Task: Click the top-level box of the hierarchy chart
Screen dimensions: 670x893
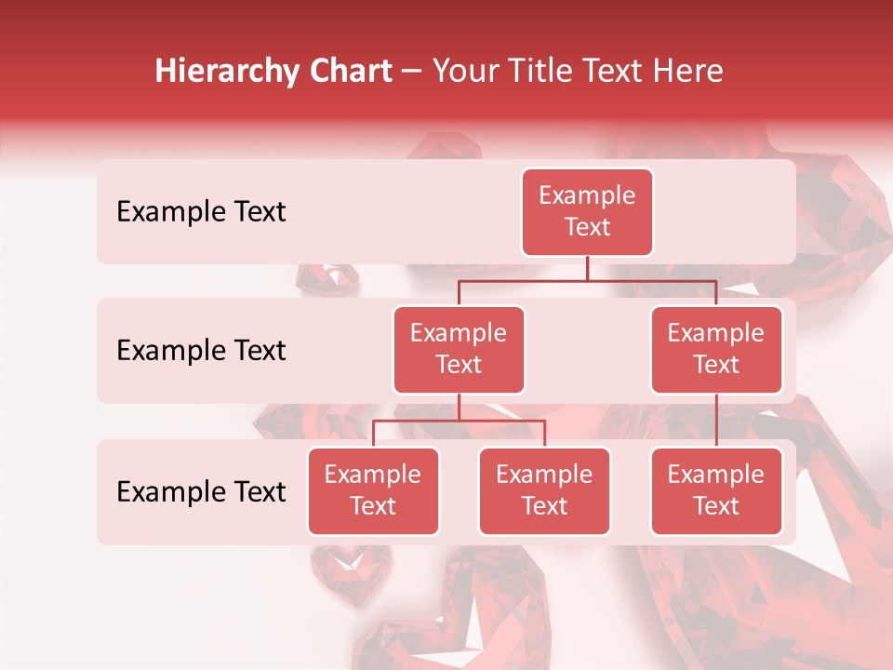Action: pos(587,211)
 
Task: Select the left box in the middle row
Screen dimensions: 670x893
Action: pos(459,349)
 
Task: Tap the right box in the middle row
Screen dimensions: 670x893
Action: pos(716,349)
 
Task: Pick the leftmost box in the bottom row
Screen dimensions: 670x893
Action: pos(373,490)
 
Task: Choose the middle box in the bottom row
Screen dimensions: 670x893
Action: pos(544,490)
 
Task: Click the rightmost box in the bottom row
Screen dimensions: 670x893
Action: pos(716,490)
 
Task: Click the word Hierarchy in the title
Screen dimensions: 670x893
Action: pos(226,72)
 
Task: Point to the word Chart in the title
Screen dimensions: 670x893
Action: pos(350,71)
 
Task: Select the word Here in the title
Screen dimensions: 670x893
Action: pos(690,71)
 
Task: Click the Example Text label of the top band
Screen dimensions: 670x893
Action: pos(201,211)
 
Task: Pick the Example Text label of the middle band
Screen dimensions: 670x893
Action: pos(201,350)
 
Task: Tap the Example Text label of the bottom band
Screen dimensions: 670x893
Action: pos(201,491)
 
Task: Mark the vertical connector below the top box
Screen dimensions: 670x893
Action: pos(587,268)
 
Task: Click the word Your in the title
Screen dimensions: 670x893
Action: pos(467,71)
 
